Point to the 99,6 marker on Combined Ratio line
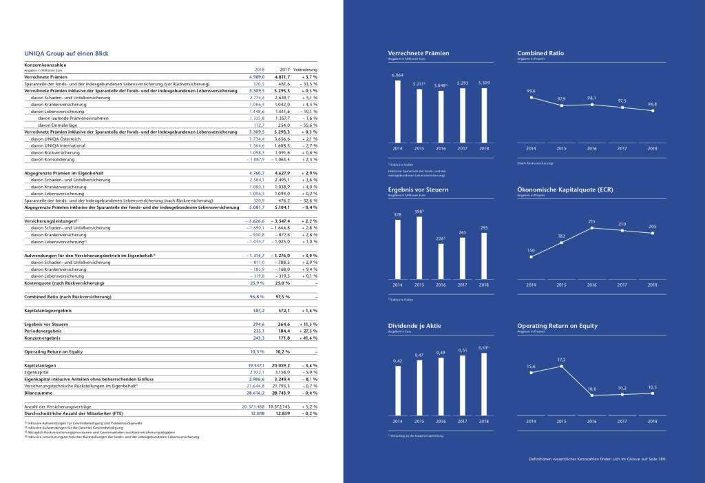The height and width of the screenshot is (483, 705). click(531, 97)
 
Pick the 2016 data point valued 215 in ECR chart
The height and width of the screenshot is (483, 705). click(592, 228)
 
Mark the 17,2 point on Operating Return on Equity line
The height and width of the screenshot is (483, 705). click(562, 366)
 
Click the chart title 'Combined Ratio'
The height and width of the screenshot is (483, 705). click(540, 52)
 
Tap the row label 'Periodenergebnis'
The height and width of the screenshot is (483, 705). click(41, 332)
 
